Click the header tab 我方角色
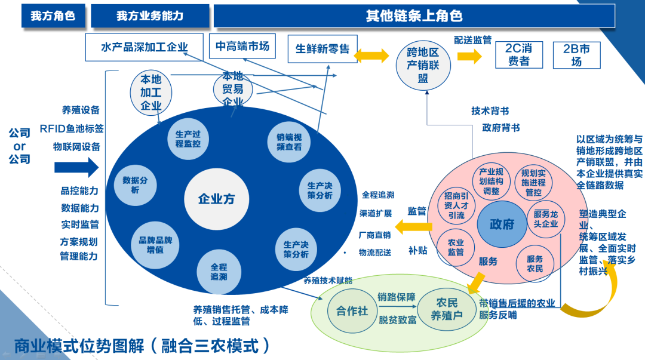tap(53, 16)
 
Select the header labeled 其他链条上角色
tap(413, 16)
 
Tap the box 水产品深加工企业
tap(145, 47)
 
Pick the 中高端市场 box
tap(242, 46)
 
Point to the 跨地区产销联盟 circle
tap(423, 64)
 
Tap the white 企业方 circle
tap(216, 199)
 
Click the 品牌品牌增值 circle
tap(155, 245)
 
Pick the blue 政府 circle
tap(502, 224)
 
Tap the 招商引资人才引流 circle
tap(456, 205)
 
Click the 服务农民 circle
tap(535, 264)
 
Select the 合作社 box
tap(352, 310)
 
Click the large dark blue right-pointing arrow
tap(76, 168)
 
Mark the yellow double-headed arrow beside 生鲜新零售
tap(371, 56)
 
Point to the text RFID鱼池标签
tap(72, 128)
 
